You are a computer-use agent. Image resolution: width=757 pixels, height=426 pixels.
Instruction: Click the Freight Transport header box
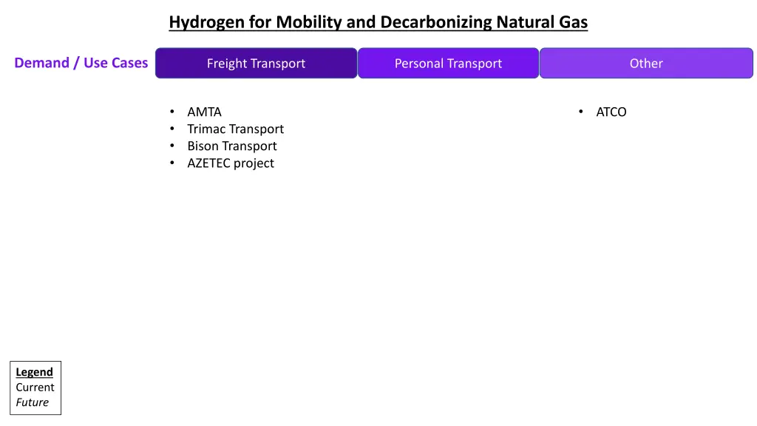(256, 64)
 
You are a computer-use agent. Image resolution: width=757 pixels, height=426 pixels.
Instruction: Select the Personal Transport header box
(448, 64)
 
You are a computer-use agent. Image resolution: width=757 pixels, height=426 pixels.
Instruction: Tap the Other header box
(646, 64)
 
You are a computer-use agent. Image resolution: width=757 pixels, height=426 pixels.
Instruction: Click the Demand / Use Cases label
(81, 63)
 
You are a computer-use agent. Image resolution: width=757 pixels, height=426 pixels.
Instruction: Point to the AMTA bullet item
(204, 112)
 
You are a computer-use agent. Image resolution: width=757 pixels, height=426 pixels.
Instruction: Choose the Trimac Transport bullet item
(235, 129)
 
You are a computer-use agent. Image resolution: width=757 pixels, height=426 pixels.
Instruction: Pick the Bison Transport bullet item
(232, 146)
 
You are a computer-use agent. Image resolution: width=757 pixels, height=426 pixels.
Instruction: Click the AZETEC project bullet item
(231, 163)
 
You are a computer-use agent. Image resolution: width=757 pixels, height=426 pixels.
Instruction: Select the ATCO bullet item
(611, 112)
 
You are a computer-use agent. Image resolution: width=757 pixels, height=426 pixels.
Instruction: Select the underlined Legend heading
(35, 372)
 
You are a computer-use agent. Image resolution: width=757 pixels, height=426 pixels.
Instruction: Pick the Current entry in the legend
(35, 388)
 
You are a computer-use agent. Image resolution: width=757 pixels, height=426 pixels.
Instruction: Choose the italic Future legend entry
(33, 403)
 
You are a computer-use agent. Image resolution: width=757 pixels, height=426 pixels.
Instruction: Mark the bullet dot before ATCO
(581, 112)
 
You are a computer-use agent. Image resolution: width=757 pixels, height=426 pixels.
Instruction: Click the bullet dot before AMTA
(172, 112)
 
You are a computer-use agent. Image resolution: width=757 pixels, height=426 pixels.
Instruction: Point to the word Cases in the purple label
(130, 63)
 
